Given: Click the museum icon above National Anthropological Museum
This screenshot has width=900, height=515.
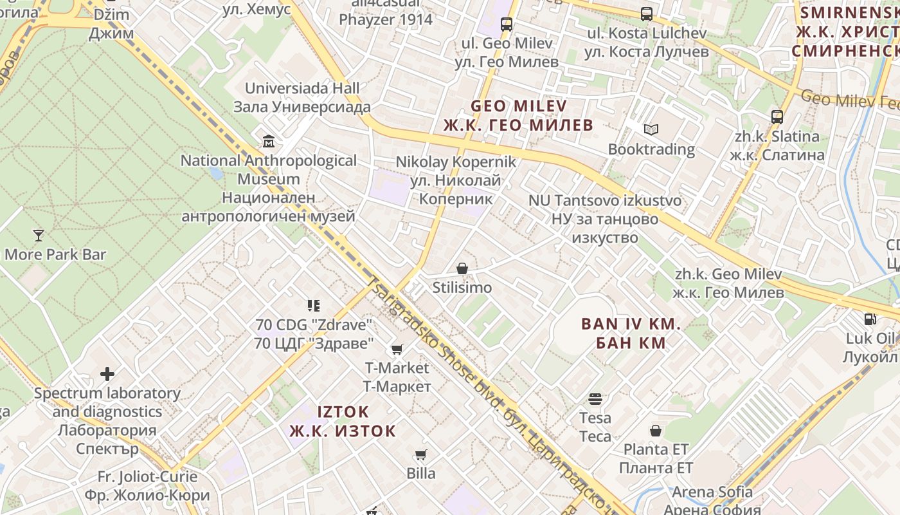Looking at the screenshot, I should pyautogui.click(x=268, y=141).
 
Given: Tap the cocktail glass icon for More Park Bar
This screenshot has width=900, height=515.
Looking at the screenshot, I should pyautogui.click(x=39, y=236).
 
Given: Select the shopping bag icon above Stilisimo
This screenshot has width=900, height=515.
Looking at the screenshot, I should pyautogui.click(x=462, y=268).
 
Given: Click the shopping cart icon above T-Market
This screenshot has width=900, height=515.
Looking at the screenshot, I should pyautogui.click(x=397, y=350).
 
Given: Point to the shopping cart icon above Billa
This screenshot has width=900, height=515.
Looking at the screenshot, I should pyautogui.click(x=421, y=455).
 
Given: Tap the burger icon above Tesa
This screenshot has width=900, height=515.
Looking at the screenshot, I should pyautogui.click(x=595, y=399).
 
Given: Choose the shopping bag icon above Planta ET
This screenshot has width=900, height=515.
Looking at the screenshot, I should pyautogui.click(x=656, y=430).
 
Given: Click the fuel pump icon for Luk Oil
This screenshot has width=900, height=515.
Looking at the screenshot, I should pyautogui.click(x=869, y=319).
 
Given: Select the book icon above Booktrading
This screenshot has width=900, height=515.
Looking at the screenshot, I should pyautogui.click(x=651, y=130).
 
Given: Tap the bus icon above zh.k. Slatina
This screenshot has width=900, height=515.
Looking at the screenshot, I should pyautogui.click(x=777, y=117).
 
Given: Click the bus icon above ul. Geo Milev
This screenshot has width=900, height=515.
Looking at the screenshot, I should pyautogui.click(x=507, y=24).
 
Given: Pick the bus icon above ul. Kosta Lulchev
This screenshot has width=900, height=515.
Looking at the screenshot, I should pyautogui.click(x=646, y=14).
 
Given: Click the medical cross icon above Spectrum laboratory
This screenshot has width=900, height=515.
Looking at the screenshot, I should pyautogui.click(x=107, y=374).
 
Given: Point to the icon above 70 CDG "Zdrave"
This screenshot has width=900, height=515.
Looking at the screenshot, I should pyautogui.click(x=314, y=305).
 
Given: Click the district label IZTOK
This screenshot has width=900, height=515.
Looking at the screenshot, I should pyautogui.click(x=343, y=411).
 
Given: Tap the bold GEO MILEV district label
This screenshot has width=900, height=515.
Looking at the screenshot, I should pyautogui.click(x=519, y=106).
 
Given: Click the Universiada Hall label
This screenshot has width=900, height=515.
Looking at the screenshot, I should pyautogui.click(x=302, y=88).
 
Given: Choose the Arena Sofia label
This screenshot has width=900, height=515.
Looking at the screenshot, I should pyautogui.click(x=712, y=492).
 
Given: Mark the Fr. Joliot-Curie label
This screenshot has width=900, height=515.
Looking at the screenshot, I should pyautogui.click(x=147, y=477).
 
